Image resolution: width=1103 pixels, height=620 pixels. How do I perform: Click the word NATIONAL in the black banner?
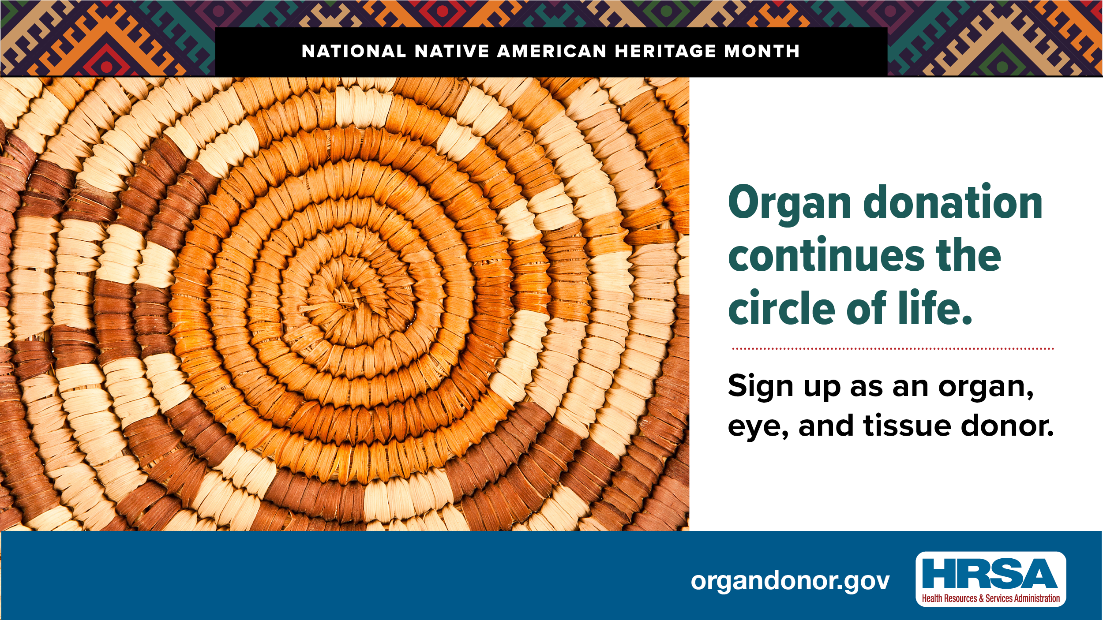tap(354, 52)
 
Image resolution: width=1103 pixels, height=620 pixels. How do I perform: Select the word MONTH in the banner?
tap(762, 52)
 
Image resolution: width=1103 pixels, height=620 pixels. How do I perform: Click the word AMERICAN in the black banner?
tap(551, 52)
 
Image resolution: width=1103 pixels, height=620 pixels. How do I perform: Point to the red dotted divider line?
tap(893, 348)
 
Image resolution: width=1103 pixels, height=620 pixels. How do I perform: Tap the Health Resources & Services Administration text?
tap(991, 598)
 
